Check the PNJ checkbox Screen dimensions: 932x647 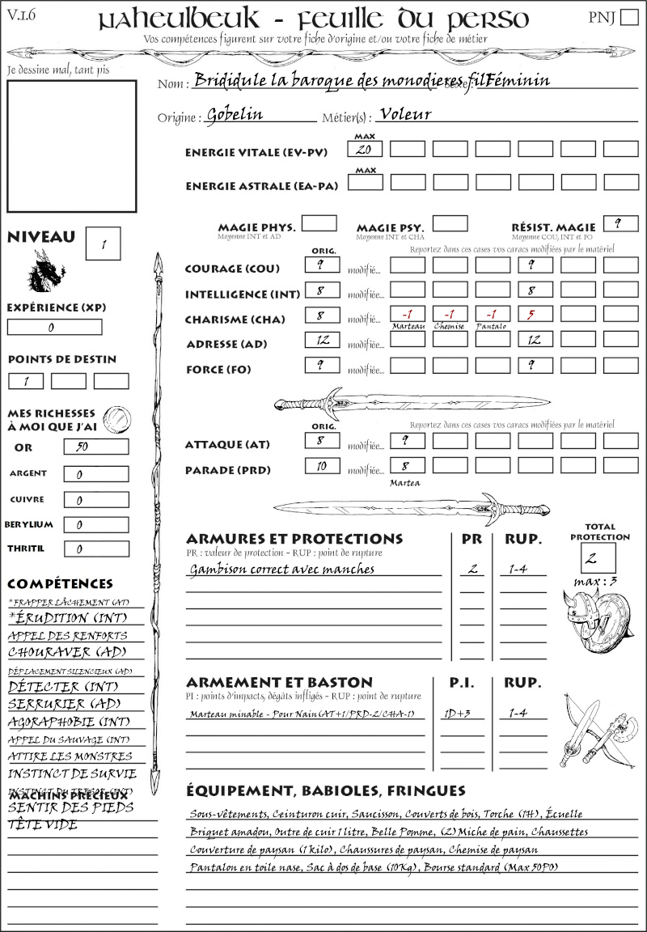pos(628,18)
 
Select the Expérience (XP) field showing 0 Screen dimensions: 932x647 pos(54,328)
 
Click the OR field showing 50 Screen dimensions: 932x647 pos(95,447)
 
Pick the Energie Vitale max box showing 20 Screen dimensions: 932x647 pos(365,150)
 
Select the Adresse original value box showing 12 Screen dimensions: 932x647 pos(322,341)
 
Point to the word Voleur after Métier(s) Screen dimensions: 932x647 pos(405,114)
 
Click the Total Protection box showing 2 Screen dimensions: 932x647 pos(598,557)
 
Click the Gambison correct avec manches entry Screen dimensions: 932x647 pos(282,569)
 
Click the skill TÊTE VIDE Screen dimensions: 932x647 pos(43,825)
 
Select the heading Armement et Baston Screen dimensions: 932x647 pos(279,682)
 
